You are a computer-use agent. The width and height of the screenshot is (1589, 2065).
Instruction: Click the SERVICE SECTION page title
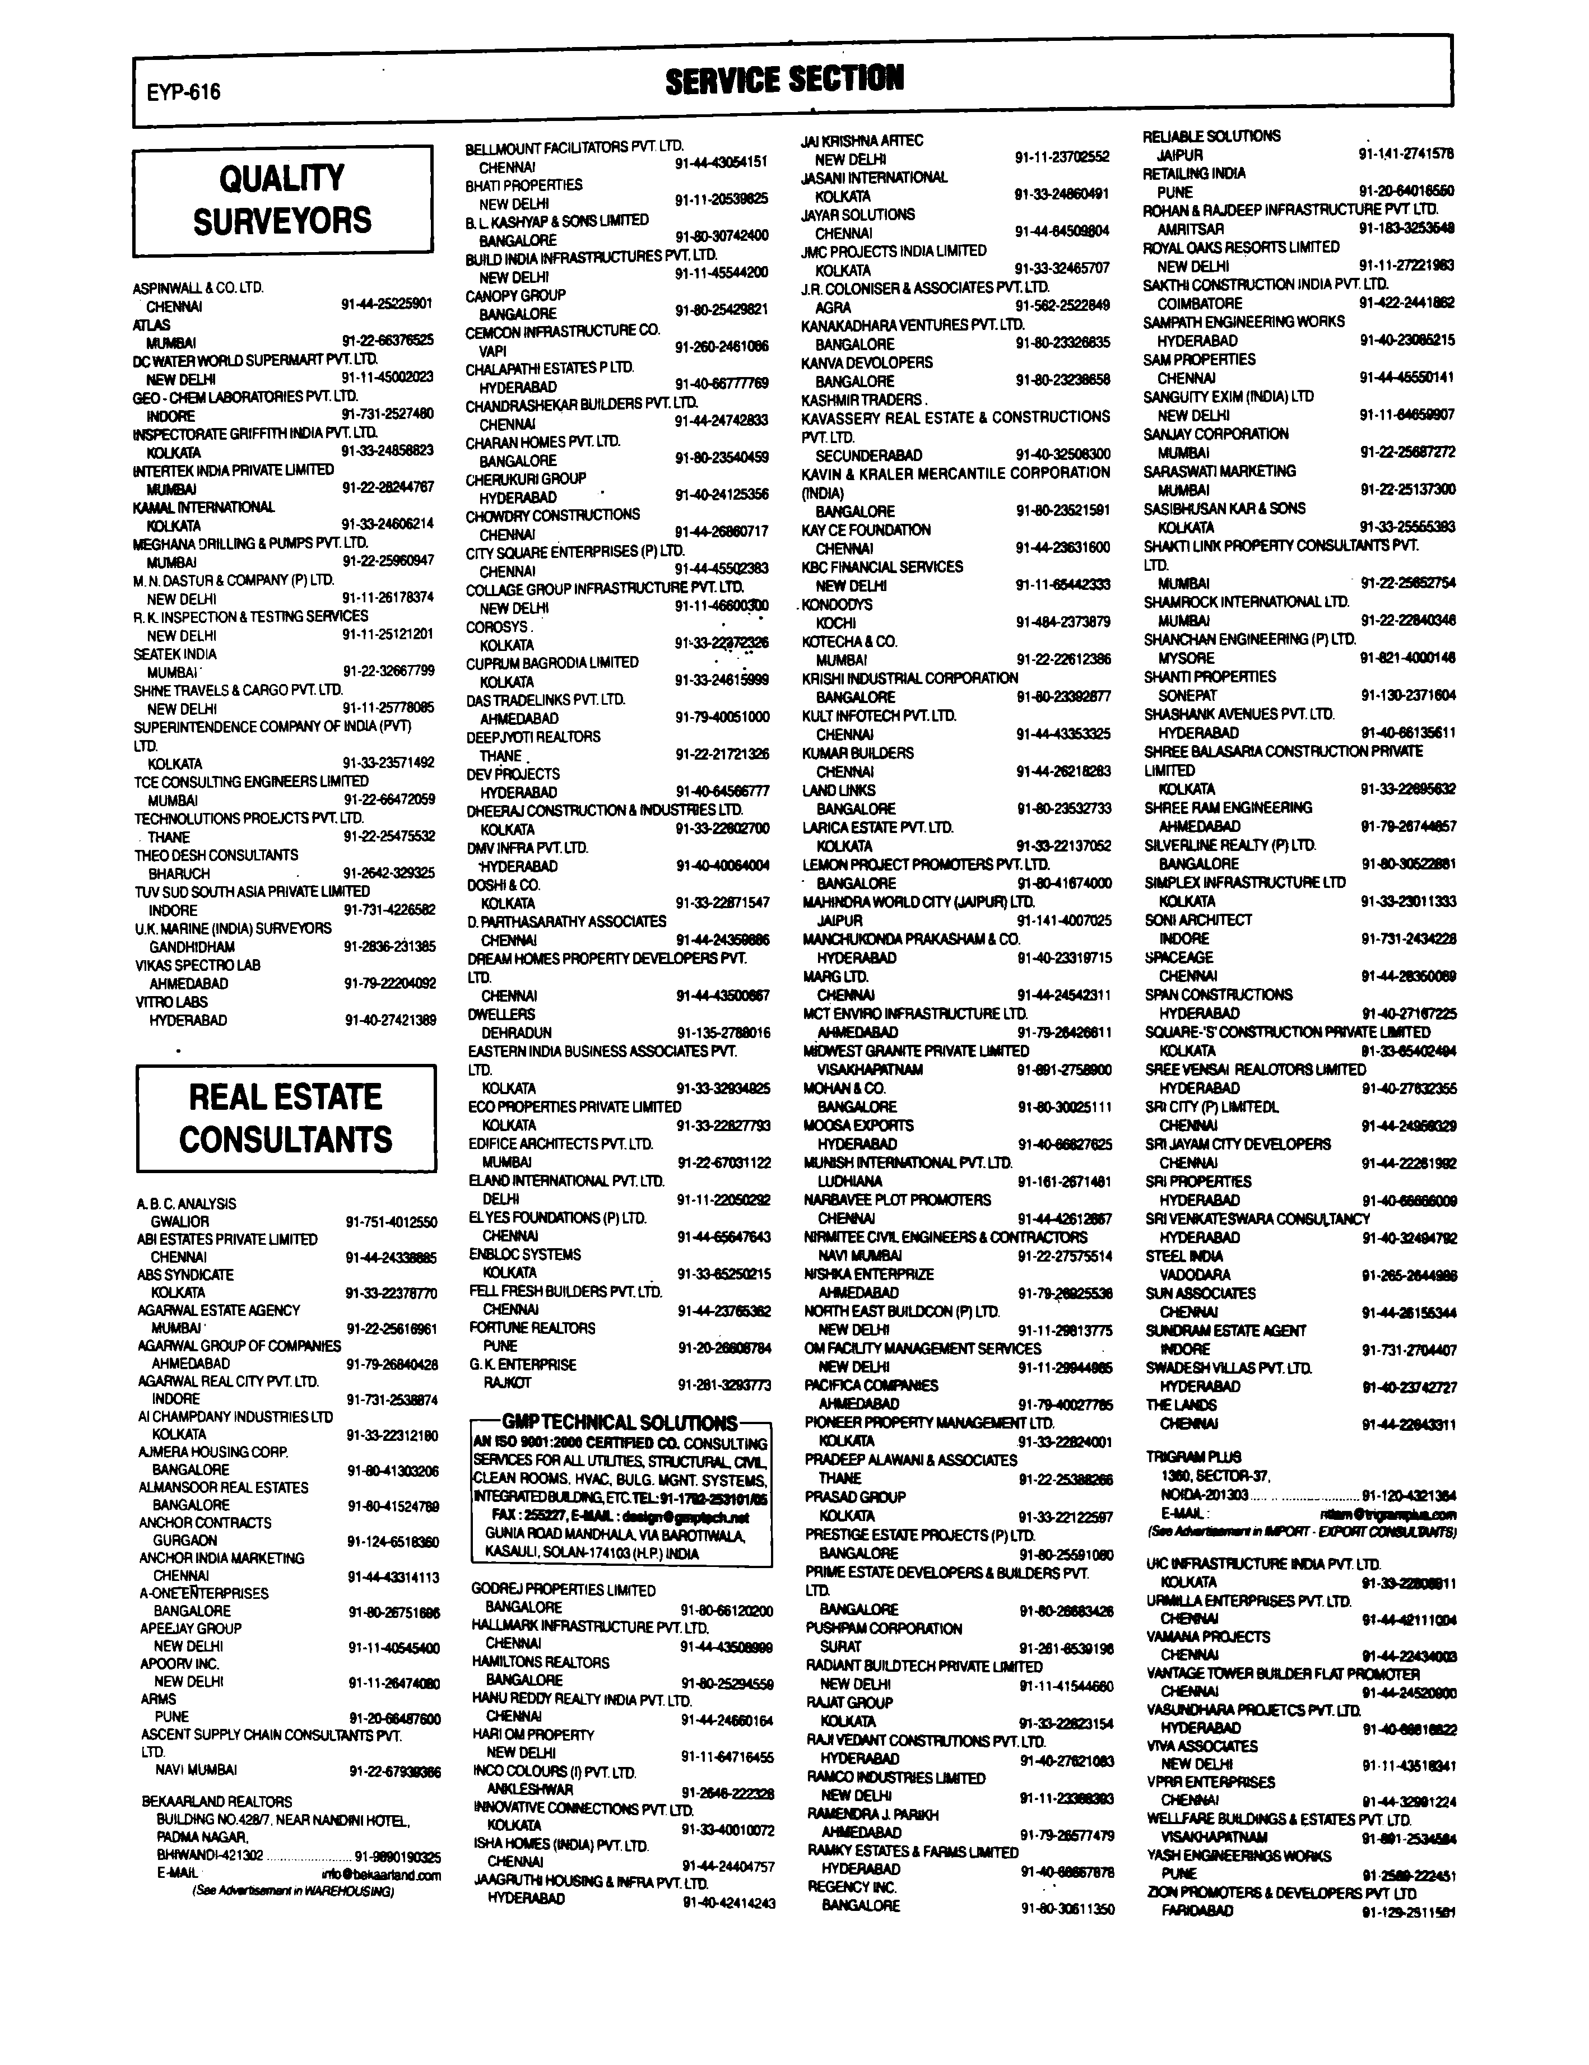point(784,80)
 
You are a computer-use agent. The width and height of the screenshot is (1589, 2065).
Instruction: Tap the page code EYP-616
point(183,92)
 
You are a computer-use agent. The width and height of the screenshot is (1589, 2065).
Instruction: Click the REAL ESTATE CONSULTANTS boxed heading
point(286,1118)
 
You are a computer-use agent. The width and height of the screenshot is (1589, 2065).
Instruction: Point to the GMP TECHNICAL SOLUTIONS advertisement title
point(620,1422)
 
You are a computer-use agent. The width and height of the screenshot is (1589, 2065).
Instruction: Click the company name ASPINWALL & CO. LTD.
point(198,287)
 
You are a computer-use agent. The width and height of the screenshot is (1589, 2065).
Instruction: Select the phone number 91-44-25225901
point(387,304)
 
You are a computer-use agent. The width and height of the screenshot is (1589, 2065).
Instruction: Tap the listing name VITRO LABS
point(171,1001)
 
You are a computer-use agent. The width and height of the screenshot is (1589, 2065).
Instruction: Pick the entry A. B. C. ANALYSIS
point(187,1203)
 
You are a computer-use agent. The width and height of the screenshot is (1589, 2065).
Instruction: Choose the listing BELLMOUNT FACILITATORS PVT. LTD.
point(574,148)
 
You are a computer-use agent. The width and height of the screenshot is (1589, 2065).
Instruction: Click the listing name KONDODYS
point(837,604)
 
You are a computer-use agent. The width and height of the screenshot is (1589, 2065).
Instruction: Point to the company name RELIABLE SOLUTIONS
point(1211,136)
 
